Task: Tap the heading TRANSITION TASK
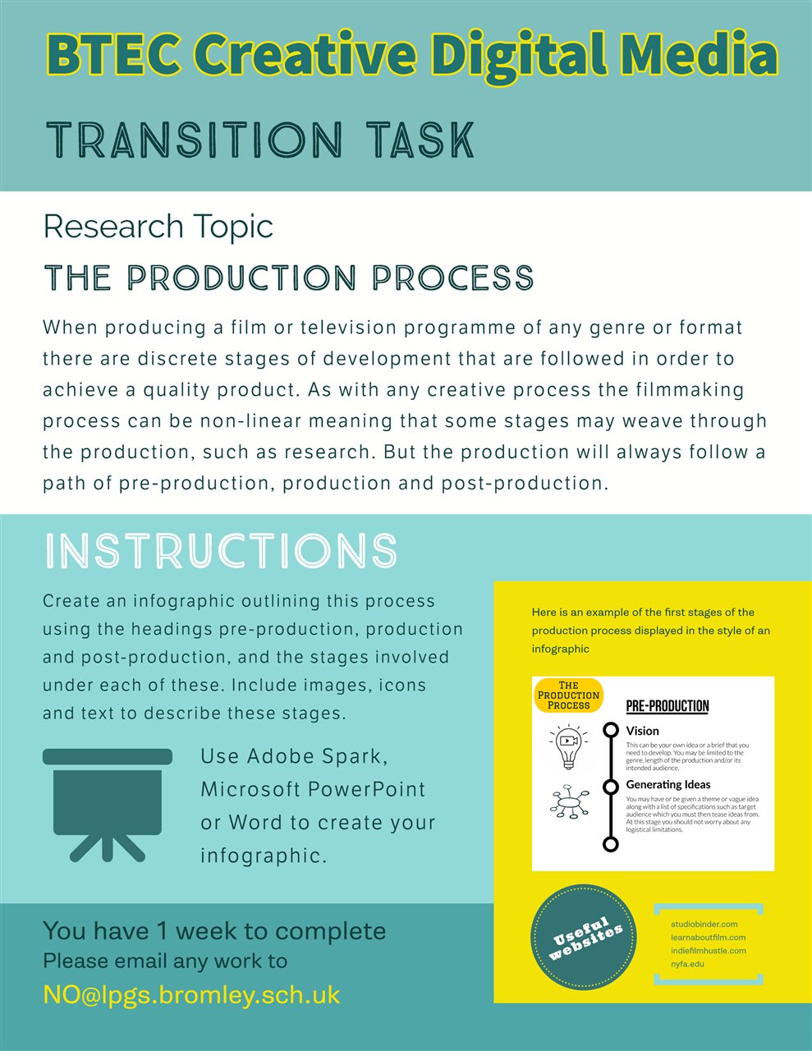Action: pos(260,140)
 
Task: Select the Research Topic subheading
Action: pos(158,227)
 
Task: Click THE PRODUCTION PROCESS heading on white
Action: pos(289,278)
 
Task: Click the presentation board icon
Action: pos(108,805)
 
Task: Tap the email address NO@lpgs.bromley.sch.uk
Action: pos(191,995)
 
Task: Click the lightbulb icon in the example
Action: pos(569,746)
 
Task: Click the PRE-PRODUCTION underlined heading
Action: pos(667,706)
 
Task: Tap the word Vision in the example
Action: pos(642,731)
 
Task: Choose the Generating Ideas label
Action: pos(667,784)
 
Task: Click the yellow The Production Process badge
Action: pos(568,695)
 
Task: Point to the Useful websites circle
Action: pos(583,938)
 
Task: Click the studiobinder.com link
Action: pos(704,924)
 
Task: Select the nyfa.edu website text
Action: pos(687,963)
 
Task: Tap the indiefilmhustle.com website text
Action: pos(708,950)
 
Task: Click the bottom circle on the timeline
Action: pos(611,844)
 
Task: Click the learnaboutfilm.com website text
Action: pos(708,938)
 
